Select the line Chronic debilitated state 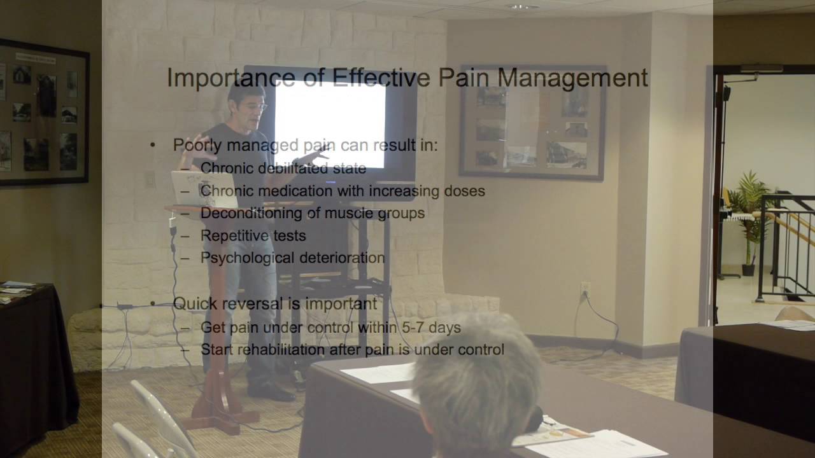(x=283, y=169)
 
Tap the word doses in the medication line (x=465, y=191)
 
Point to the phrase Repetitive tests (x=253, y=235)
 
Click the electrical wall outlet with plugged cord (x=585, y=290)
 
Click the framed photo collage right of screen (x=532, y=122)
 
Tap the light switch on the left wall (x=150, y=179)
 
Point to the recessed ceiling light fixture (x=522, y=6)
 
